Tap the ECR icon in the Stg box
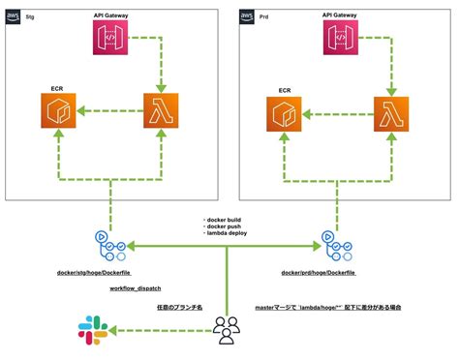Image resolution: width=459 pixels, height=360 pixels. (59, 113)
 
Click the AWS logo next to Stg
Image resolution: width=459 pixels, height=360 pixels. (12, 16)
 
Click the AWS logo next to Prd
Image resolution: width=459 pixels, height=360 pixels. (247, 16)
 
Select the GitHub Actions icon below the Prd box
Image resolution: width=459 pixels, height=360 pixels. (335, 247)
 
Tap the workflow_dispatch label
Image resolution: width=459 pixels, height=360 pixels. (136, 289)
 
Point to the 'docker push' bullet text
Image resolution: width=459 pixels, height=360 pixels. (223, 228)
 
